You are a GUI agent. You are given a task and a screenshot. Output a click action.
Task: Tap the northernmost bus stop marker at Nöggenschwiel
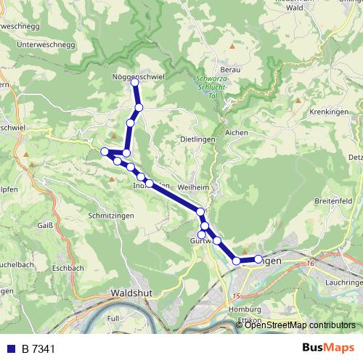134,83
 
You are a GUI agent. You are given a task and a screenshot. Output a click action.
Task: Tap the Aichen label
237,133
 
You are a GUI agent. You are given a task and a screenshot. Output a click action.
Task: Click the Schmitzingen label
110,216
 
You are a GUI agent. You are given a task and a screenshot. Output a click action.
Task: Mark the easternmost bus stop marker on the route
258,258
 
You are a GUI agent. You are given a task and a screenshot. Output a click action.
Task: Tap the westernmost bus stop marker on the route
104,151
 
